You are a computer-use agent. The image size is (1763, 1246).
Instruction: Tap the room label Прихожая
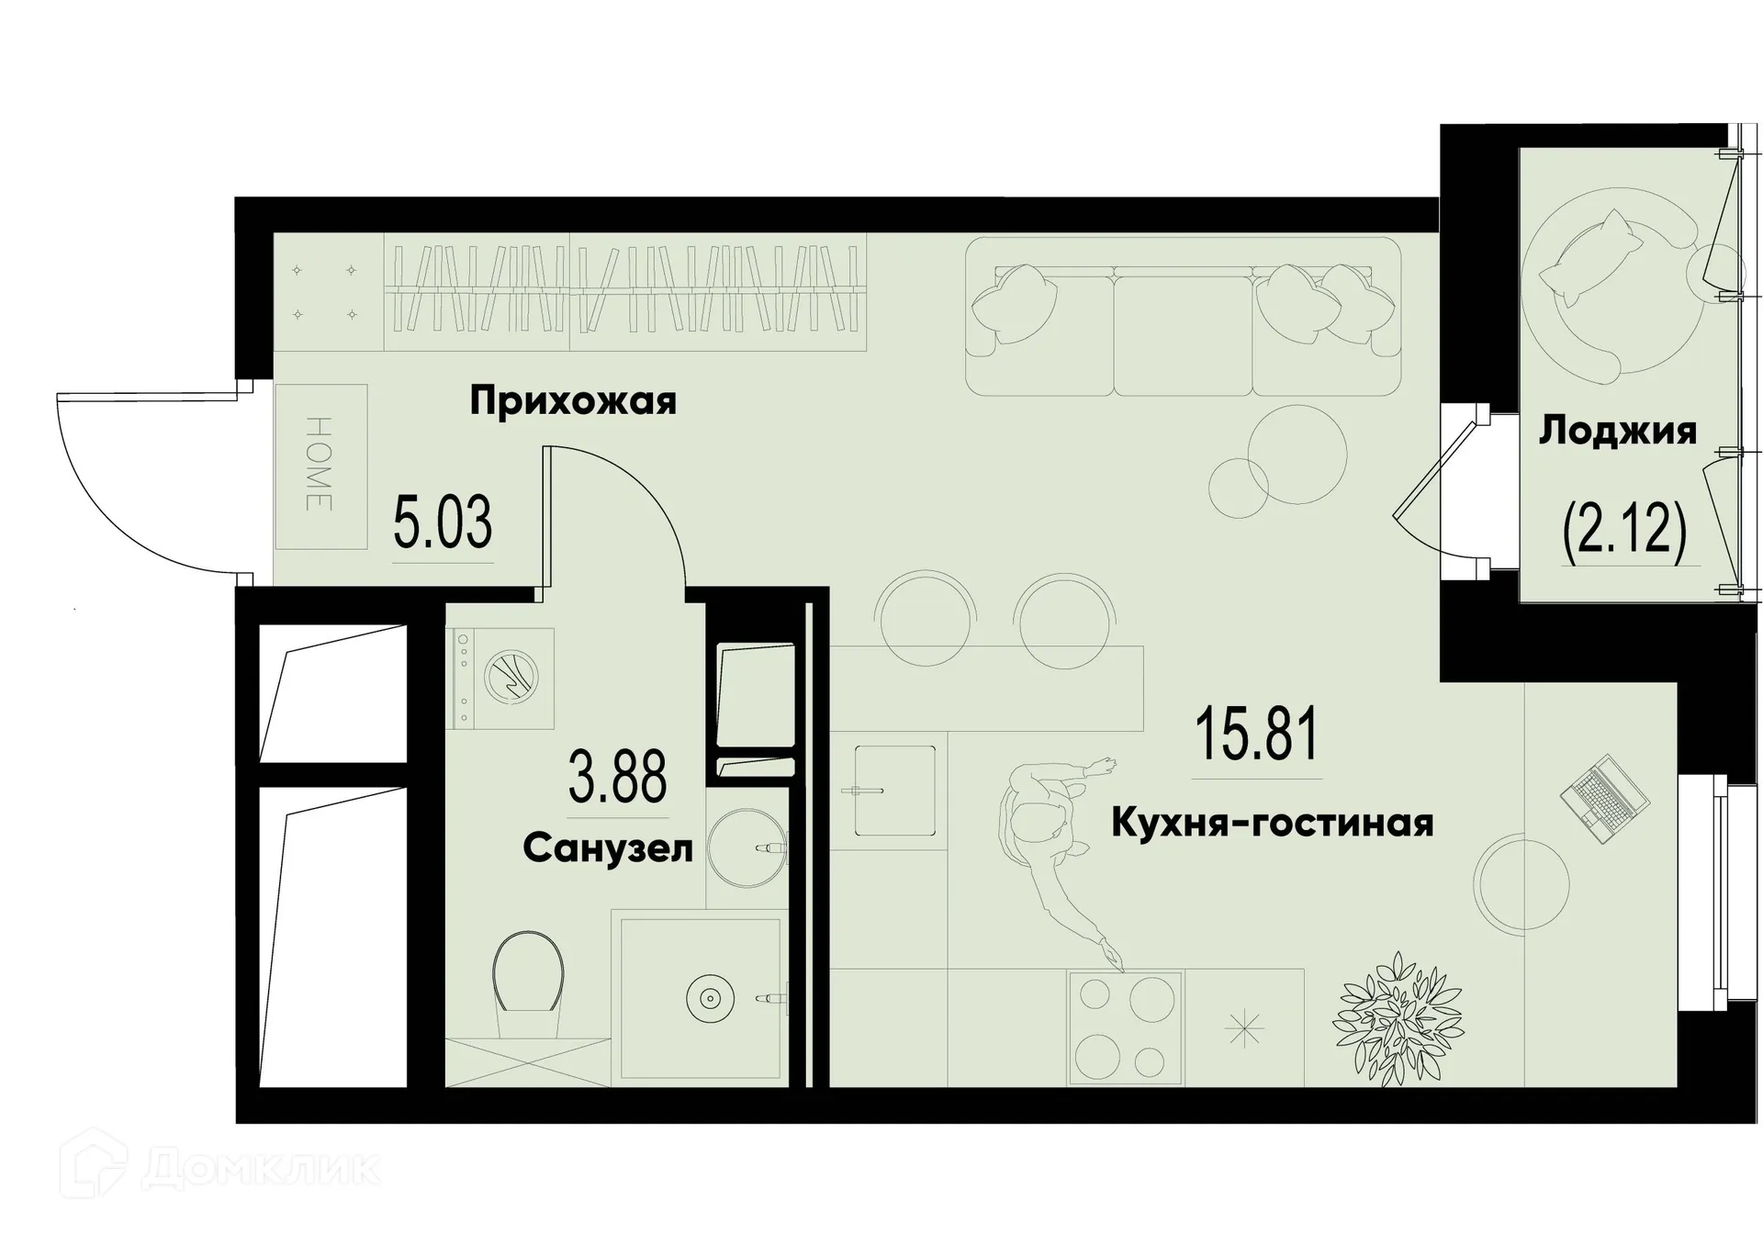[573, 401]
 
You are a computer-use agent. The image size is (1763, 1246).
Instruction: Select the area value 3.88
[617, 777]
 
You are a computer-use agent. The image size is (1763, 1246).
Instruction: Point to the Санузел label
[608, 849]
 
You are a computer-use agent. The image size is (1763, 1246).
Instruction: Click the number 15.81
[1256, 735]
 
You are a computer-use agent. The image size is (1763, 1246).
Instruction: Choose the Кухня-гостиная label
[1272, 823]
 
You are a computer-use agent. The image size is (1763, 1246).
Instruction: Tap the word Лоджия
[1618, 431]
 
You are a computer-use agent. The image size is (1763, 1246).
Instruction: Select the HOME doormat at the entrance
[320, 466]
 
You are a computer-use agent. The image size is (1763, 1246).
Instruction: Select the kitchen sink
[894, 791]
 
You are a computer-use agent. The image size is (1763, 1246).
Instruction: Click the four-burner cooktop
[1126, 1026]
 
